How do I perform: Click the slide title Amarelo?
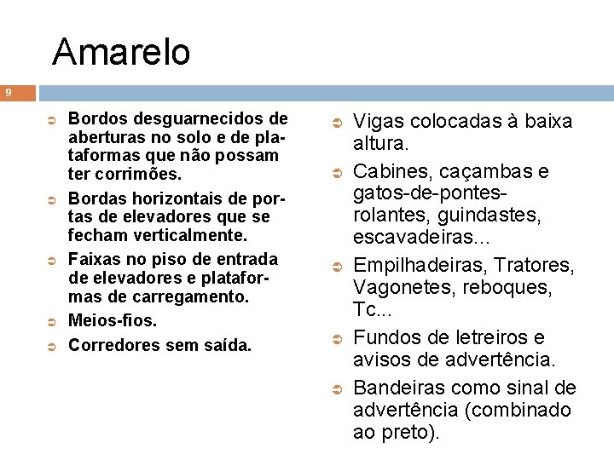pos(121,52)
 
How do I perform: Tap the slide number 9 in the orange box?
pos(8,92)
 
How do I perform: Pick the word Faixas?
pos(94,259)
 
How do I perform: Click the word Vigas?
pos(377,123)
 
